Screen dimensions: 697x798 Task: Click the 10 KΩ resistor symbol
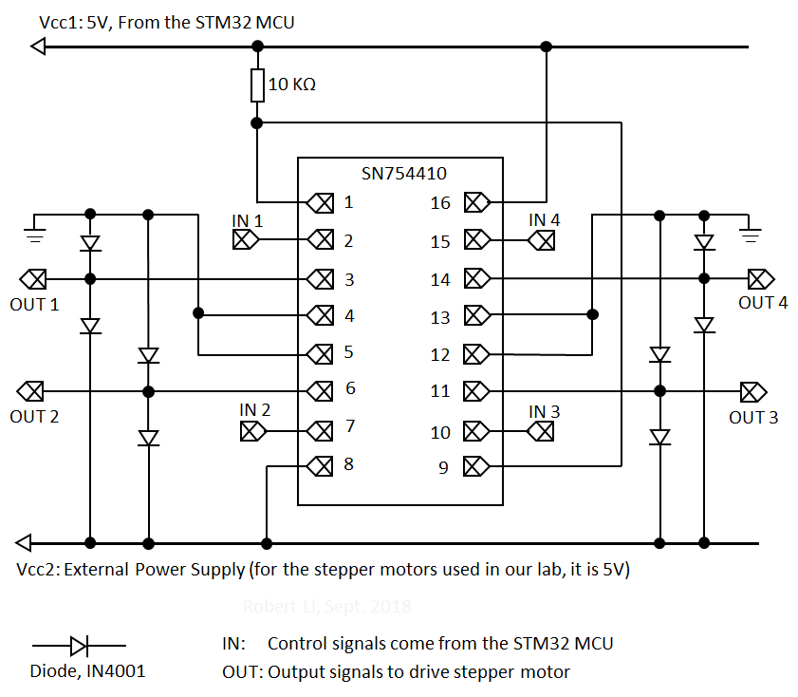pyautogui.click(x=256, y=85)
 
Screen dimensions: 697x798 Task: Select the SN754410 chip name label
pyautogui.click(x=403, y=174)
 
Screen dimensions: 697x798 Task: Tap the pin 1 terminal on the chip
pyautogui.click(x=323, y=202)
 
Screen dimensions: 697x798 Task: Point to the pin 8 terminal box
pyautogui.click(x=323, y=465)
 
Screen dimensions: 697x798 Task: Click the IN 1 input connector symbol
pyautogui.click(x=246, y=240)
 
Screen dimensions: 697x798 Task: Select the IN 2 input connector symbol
pyautogui.click(x=252, y=431)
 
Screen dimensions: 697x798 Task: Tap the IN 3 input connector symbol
pyautogui.click(x=541, y=431)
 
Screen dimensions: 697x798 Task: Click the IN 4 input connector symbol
pyautogui.click(x=542, y=240)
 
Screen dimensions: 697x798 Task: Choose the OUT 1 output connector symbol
pyautogui.click(x=34, y=279)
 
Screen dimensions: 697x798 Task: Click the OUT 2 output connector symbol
pyautogui.click(x=31, y=390)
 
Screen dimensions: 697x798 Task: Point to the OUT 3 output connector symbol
pyautogui.click(x=753, y=390)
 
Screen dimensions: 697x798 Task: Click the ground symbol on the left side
pyautogui.click(x=35, y=231)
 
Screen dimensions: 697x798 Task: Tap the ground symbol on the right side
pyautogui.click(x=751, y=231)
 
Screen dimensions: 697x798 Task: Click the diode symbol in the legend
pyautogui.click(x=78, y=647)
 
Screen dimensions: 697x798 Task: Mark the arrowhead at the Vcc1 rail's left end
pyautogui.click(x=38, y=46)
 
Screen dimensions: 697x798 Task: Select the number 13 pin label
pyautogui.click(x=440, y=317)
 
